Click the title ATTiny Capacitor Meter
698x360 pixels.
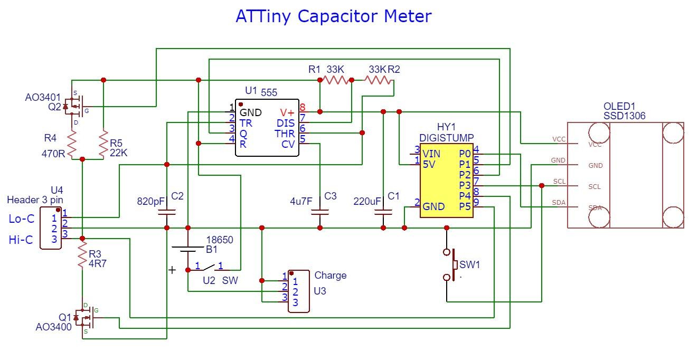tap(333, 16)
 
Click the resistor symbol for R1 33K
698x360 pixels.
tap(337, 80)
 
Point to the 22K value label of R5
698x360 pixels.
tap(118, 153)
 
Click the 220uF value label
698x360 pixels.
tap(367, 201)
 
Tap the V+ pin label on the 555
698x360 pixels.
tap(287, 112)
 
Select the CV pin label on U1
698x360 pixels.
tap(288, 144)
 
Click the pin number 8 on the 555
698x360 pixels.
tap(303, 107)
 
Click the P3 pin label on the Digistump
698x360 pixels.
tap(465, 185)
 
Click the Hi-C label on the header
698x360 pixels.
tap(21, 240)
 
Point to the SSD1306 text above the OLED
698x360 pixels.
tap(624, 116)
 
